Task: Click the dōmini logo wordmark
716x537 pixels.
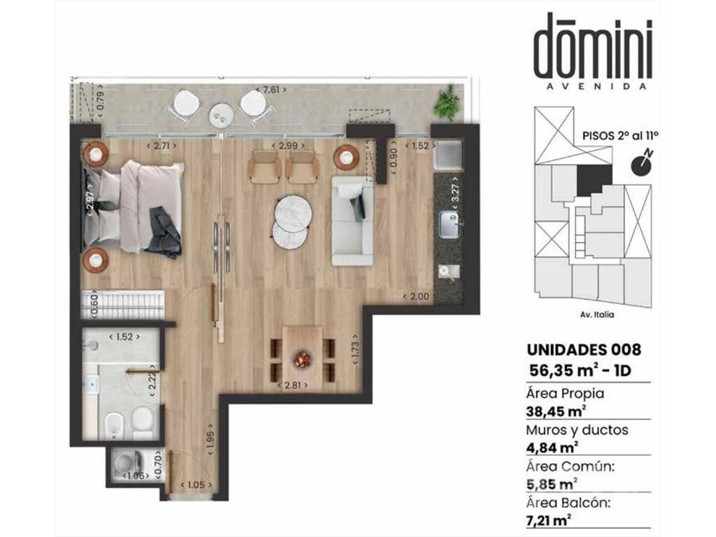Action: [x=593, y=47]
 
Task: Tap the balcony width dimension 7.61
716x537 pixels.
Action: [x=271, y=89]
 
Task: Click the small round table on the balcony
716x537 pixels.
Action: [x=221, y=116]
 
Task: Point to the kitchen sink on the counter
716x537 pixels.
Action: [x=450, y=224]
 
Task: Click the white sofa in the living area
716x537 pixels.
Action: [x=352, y=221]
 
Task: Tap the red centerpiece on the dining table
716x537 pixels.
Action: [x=302, y=359]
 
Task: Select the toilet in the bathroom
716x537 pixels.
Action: [x=142, y=422]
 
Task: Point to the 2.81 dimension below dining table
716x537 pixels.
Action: [x=293, y=385]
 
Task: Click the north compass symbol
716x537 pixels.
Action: [x=642, y=164]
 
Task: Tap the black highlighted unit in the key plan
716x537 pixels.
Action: [x=594, y=180]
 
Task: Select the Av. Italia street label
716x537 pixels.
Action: [x=597, y=315]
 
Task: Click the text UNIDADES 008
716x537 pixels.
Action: [x=584, y=350]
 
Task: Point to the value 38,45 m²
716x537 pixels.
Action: [x=556, y=411]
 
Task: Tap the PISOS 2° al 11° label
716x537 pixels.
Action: [x=620, y=136]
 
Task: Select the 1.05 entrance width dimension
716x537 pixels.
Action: [x=196, y=485]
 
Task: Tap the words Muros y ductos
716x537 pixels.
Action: [x=577, y=430]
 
